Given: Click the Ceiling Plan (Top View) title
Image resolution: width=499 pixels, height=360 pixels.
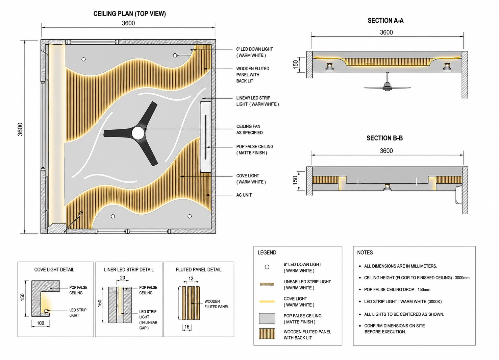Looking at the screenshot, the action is coord(129,14).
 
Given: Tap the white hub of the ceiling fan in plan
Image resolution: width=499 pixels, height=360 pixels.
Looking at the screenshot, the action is coord(138,133).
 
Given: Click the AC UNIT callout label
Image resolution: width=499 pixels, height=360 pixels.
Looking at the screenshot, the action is coord(244,195).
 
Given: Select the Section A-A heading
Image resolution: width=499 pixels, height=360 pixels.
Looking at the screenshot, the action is coord(385,21).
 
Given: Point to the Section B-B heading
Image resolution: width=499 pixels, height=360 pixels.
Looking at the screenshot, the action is coord(384,138).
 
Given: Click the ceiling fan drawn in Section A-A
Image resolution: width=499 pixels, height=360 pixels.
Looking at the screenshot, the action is coord(388,83).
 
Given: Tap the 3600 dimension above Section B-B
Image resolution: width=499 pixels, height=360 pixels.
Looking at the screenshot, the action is coord(386,151).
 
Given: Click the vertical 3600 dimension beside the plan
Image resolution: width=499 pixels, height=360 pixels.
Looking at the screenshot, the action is coord(20,129).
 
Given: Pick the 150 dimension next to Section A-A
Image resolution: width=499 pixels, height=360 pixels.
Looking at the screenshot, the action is coord(295,65).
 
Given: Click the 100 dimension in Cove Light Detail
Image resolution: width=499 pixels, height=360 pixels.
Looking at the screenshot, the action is coord(40,323).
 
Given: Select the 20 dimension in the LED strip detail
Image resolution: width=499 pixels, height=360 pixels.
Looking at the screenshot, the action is coord(123,278).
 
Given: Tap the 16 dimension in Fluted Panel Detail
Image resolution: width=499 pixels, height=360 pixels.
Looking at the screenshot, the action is coord(187,327).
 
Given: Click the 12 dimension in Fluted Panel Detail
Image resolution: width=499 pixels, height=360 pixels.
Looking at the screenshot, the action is coord(191,279).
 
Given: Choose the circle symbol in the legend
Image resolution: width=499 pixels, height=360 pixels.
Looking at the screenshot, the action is coord(267,267).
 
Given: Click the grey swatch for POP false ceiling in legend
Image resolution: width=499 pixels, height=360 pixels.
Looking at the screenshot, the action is coord(267,318).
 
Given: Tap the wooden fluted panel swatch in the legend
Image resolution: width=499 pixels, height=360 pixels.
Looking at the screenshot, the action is coord(267,334).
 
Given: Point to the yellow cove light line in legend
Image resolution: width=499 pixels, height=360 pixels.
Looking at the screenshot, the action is coord(267,302).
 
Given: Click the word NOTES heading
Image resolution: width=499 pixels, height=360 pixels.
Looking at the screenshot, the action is coord(365,253).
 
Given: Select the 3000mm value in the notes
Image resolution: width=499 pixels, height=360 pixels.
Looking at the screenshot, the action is coord(462,278).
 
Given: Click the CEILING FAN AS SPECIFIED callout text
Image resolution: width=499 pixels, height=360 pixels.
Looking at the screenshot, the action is coord(249,129).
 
